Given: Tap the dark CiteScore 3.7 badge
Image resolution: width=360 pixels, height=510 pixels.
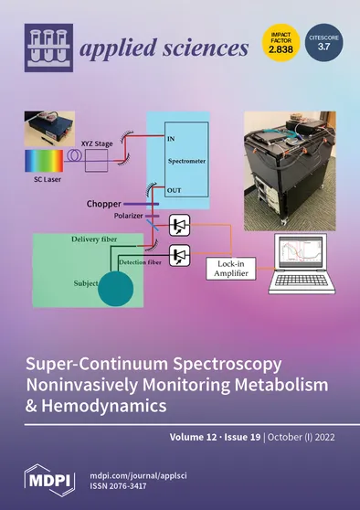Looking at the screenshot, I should pyautogui.click(x=320, y=41).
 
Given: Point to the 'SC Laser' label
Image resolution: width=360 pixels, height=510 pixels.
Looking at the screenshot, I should pyautogui.click(x=39, y=183).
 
